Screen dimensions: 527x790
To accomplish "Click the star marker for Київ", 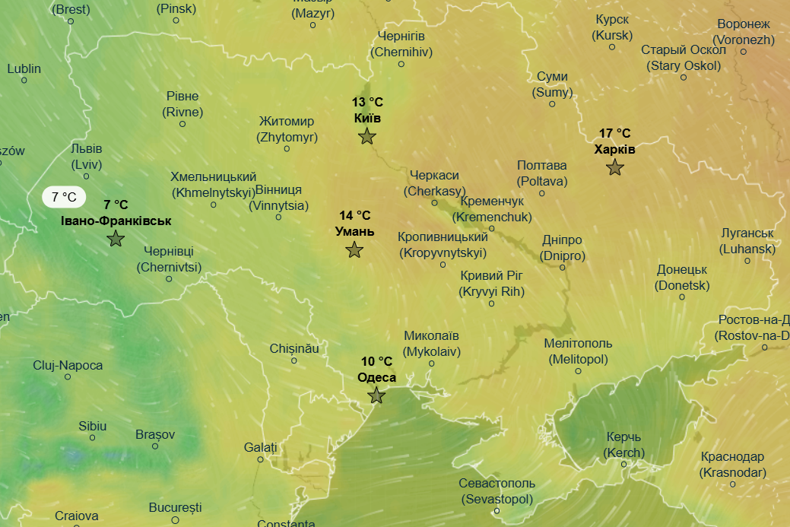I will pyautogui.click(x=367, y=136).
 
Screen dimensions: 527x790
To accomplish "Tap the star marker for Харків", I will pyautogui.click(x=615, y=167).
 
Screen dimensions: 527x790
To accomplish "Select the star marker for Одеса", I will pyautogui.click(x=376, y=395).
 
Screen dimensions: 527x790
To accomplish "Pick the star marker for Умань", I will pyautogui.click(x=354, y=249).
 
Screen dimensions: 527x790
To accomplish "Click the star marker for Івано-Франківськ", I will pyautogui.click(x=116, y=239).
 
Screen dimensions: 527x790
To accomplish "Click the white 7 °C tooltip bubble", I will pyautogui.click(x=64, y=198).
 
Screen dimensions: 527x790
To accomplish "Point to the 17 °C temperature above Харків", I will pyautogui.click(x=614, y=133).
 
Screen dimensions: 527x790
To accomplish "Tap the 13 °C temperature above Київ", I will pyautogui.click(x=367, y=102).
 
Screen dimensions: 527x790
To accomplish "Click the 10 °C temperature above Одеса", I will pyautogui.click(x=376, y=361).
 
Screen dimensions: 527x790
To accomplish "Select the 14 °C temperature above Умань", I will pyautogui.click(x=355, y=215).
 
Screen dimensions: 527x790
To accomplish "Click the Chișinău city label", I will pyautogui.click(x=294, y=348).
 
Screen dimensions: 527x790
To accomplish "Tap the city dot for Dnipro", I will pyautogui.click(x=563, y=267).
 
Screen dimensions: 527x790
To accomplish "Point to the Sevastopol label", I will pyautogui.click(x=497, y=491).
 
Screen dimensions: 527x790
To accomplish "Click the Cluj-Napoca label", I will pyautogui.click(x=68, y=365).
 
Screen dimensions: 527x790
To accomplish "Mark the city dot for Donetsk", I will pyautogui.click(x=681, y=297).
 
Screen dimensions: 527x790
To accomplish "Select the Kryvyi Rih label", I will pyautogui.click(x=492, y=283).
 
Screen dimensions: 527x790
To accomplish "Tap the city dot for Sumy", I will pyautogui.click(x=552, y=104).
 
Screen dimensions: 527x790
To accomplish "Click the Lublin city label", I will pyautogui.click(x=24, y=68).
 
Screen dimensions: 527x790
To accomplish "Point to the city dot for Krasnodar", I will pyautogui.click(x=733, y=484).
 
